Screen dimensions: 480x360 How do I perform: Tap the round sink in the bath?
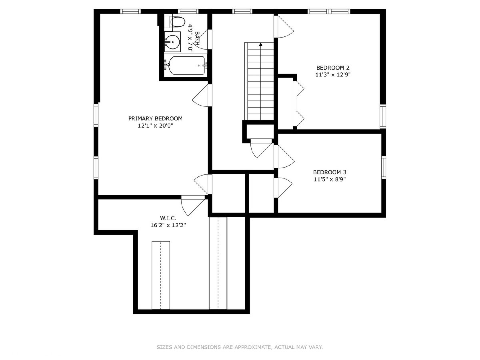(x=172, y=42)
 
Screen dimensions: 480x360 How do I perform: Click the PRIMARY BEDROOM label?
(x=155, y=118)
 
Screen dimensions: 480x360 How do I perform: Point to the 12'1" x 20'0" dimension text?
(x=155, y=126)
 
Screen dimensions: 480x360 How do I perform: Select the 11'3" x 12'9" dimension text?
(x=333, y=75)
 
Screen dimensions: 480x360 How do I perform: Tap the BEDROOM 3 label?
(x=330, y=172)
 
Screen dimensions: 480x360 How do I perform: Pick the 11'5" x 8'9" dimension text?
(x=330, y=180)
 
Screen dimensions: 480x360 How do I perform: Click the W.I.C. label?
(x=168, y=218)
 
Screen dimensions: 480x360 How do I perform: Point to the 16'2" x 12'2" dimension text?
(x=168, y=225)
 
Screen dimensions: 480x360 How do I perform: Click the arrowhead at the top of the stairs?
(x=260, y=44)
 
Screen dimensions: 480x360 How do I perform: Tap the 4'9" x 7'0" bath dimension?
(x=190, y=38)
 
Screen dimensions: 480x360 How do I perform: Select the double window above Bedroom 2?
(x=329, y=11)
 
